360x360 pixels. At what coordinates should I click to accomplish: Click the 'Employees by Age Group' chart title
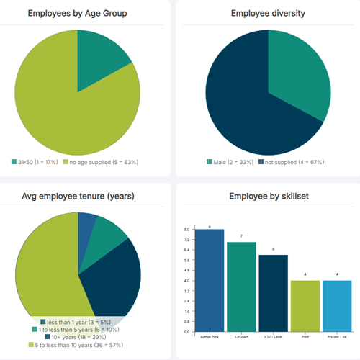(x=77, y=13)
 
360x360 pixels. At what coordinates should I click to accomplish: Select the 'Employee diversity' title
(x=268, y=13)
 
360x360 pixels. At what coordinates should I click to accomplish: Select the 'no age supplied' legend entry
(x=100, y=162)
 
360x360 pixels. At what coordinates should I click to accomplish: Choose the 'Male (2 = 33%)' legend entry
(x=232, y=162)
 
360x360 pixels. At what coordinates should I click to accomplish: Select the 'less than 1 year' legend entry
(x=76, y=321)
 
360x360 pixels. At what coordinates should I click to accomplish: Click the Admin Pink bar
(x=210, y=281)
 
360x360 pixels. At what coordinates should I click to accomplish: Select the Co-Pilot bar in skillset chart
(x=241, y=288)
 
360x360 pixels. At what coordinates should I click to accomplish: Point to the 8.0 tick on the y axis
(x=186, y=229)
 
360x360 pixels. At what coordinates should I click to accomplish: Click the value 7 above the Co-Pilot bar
(x=241, y=237)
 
